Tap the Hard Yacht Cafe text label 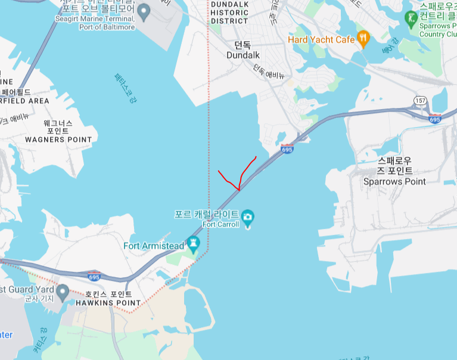click(x=321, y=40)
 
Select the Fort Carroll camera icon click(x=247, y=216)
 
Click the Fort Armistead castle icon click(x=192, y=243)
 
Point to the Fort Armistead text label click(x=154, y=246)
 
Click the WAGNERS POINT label click(x=58, y=139)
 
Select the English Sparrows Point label click(x=394, y=181)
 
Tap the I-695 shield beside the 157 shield click(x=434, y=119)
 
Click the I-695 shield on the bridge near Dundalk click(x=287, y=149)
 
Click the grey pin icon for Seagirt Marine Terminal click(x=143, y=11)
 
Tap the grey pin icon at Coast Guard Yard click(x=62, y=290)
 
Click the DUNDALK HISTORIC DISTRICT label click(x=229, y=13)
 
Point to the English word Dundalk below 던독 click(x=243, y=55)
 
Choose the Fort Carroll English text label click(x=220, y=225)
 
